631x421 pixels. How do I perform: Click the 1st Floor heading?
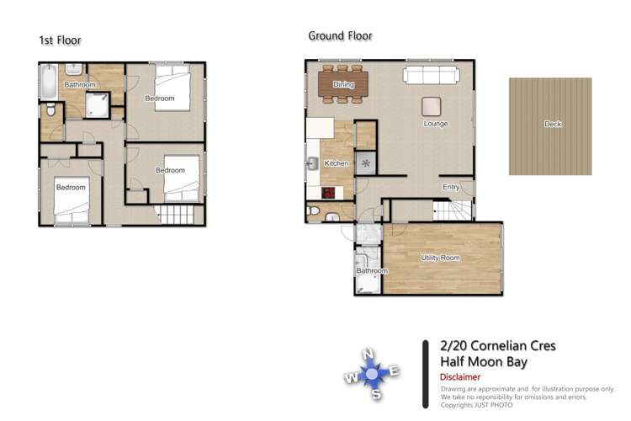coord(60,40)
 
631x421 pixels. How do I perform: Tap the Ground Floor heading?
coord(340,36)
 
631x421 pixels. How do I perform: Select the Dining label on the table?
coord(343,84)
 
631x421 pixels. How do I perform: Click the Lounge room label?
coord(436,124)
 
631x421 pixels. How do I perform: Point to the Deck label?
coord(553,124)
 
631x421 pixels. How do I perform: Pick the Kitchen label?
coord(337,163)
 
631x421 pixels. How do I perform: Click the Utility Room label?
coord(440,258)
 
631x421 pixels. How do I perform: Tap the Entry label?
coord(451,187)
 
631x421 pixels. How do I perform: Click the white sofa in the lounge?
coord(432,75)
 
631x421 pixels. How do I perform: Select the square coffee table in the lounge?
coord(431,106)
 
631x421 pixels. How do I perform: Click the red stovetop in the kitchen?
coord(328,193)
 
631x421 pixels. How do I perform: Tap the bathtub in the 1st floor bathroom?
coord(49,82)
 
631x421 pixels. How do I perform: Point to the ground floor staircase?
coord(452,210)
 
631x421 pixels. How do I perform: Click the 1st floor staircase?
coord(177,215)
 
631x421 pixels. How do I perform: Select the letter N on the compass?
coord(368,354)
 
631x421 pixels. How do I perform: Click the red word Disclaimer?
coord(460,377)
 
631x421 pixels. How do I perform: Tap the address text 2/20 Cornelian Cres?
coord(498,346)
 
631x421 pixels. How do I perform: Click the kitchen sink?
coord(312,164)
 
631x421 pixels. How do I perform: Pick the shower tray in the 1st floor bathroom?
coord(98,105)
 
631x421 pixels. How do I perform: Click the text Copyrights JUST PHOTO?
coord(476,405)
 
